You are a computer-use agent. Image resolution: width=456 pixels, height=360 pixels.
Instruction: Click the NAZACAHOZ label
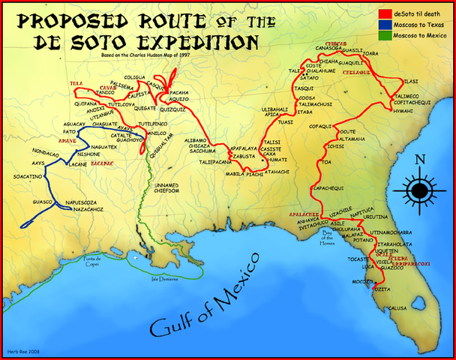[x=82, y=210]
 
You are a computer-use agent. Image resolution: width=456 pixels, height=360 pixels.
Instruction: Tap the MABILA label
[x=237, y=174]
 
